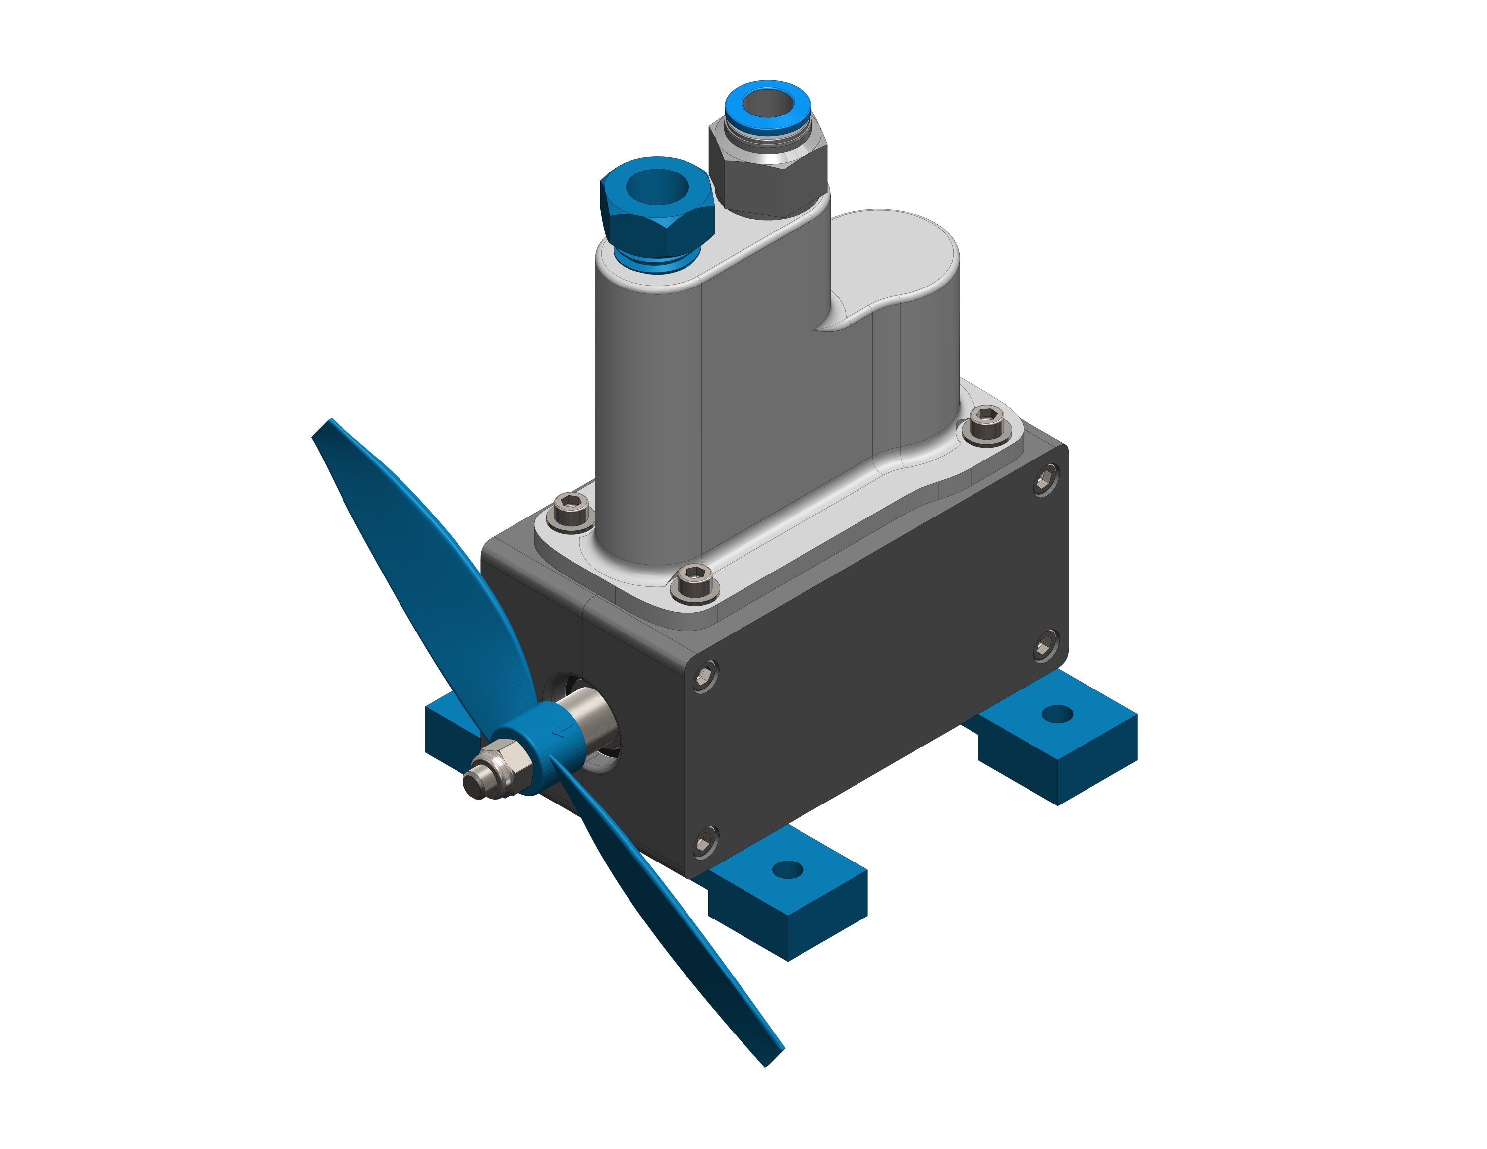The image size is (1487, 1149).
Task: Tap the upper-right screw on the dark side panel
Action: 1045,480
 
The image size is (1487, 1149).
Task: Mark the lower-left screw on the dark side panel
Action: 705,843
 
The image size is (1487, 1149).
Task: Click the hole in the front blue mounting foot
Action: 788,869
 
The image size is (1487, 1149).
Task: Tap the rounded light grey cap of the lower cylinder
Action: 892,252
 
